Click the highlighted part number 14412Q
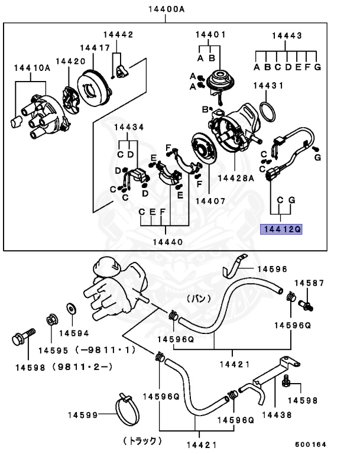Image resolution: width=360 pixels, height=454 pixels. [282, 228]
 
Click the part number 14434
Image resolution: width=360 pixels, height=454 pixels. [129, 127]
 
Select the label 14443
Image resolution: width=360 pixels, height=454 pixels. [286, 35]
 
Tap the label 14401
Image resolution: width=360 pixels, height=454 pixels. [210, 35]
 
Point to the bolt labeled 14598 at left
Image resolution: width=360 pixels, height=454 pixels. [18, 340]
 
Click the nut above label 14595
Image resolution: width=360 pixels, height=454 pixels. [51, 321]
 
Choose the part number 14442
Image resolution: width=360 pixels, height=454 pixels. [118, 35]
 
